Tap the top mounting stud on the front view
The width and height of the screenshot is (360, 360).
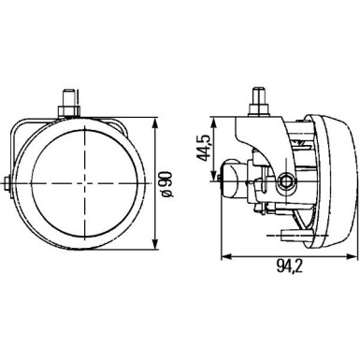(70, 97)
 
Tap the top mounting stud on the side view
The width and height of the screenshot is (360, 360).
(254, 97)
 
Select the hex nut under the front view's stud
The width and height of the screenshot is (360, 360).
(70, 114)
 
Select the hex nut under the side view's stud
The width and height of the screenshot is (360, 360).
(254, 114)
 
